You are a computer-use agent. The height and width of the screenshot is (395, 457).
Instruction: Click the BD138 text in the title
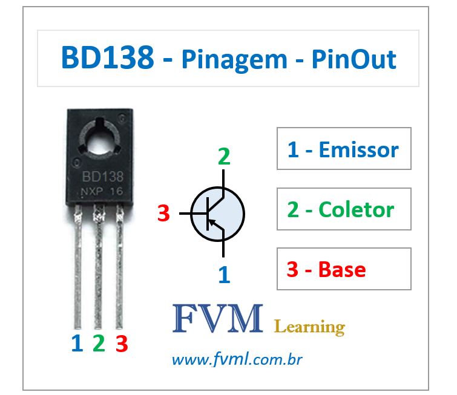coord(107,59)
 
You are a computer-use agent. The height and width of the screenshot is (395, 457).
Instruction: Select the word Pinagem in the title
coord(234,59)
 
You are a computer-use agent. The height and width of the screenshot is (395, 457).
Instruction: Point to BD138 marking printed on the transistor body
coord(102,177)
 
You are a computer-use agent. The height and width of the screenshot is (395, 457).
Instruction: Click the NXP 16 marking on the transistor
coord(102,192)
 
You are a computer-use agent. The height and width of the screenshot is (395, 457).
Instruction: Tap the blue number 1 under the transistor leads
coord(76,344)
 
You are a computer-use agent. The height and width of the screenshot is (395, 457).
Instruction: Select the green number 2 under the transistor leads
coord(99,344)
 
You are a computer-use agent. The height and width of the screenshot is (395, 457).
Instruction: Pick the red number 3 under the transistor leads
coord(122,344)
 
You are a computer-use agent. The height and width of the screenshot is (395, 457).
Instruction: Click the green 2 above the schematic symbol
coord(224,156)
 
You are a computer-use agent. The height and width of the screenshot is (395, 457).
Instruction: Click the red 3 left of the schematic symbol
coord(163,214)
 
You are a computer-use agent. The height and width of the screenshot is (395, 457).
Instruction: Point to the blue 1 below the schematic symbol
coord(224,275)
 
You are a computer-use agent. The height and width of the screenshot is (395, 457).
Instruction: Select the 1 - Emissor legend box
coord(344,149)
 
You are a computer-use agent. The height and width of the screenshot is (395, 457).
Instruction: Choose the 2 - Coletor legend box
coord(344,209)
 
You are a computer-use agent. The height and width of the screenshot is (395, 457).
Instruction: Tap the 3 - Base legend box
coord(344,269)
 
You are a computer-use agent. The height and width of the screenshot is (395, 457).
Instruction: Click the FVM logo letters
coord(218,319)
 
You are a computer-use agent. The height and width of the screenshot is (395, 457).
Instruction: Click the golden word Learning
coord(309,327)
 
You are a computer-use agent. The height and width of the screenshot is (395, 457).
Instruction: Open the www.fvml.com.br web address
coord(237,361)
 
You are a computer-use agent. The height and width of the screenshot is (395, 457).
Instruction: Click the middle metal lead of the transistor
coord(98,266)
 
